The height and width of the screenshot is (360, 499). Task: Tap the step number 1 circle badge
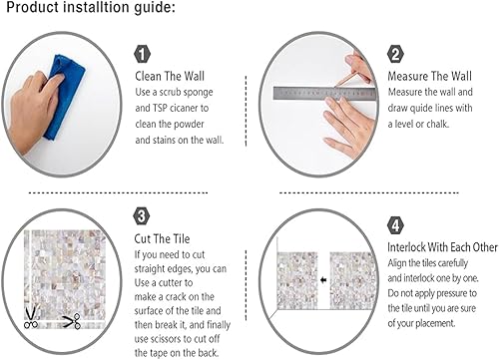pyautogui.click(x=142, y=54)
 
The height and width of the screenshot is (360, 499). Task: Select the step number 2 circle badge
pyautogui.click(x=396, y=54)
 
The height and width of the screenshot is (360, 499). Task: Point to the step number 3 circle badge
pyautogui.click(x=142, y=214)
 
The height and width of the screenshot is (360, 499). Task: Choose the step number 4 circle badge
pyautogui.click(x=396, y=226)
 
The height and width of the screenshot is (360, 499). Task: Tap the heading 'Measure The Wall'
pyautogui.click(x=430, y=76)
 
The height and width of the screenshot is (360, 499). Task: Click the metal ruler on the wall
pyautogui.click(x=319, y=96)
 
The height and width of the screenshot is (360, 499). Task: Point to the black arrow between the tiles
pyautogui.click(x=323, y=280)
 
